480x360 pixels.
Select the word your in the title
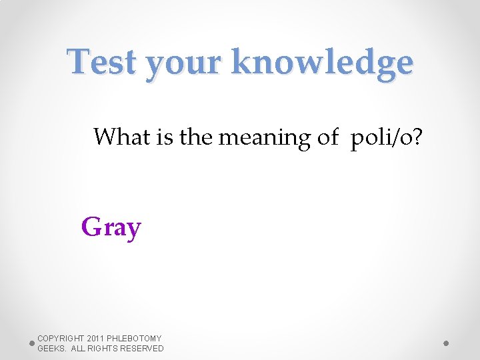[180, 64]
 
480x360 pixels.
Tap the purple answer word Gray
[111, 228]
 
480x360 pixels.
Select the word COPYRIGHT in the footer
[61, 339]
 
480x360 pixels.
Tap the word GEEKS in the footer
[51, 349]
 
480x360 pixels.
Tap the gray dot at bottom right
[447, 343]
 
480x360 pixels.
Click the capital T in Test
[78, 62]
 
